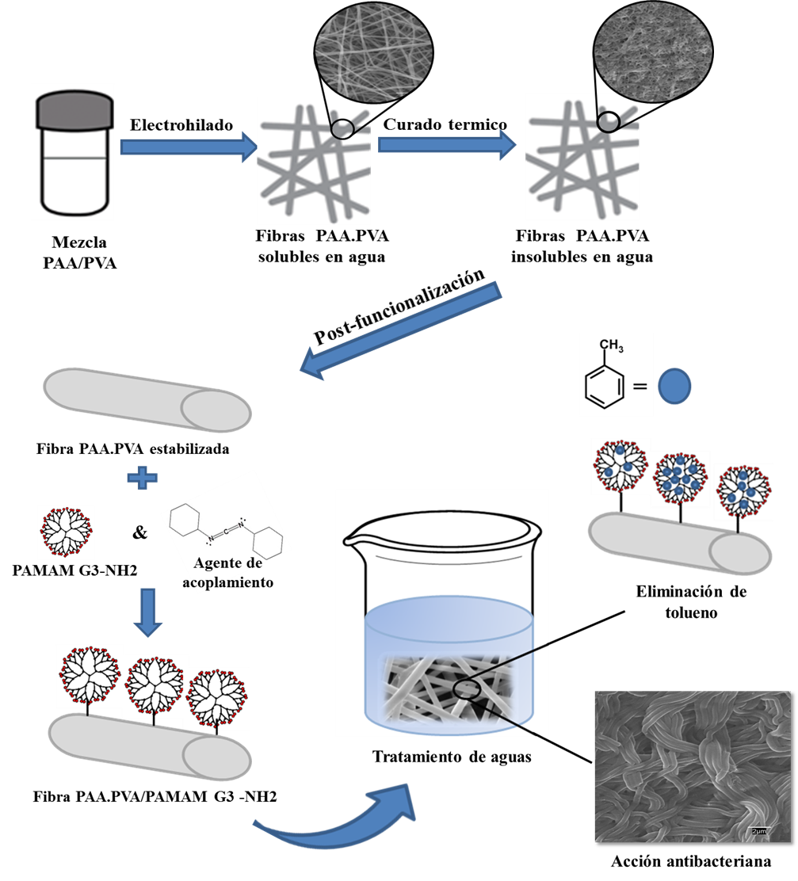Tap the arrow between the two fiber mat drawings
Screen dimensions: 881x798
click(x=447, y=144)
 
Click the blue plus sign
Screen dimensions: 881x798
click(x=143, y=478)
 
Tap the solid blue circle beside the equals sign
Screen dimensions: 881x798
click(x=675, y=387)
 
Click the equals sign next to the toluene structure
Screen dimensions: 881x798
click(x=640, y=387)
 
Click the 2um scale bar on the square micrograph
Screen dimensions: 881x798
click(x=758, y=830)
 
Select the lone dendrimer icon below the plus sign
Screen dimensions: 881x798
click(x=66, y=532)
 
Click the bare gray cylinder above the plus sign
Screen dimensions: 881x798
click(x=147, y=399)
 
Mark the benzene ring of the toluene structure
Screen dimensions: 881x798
click(x=604, y=384)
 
